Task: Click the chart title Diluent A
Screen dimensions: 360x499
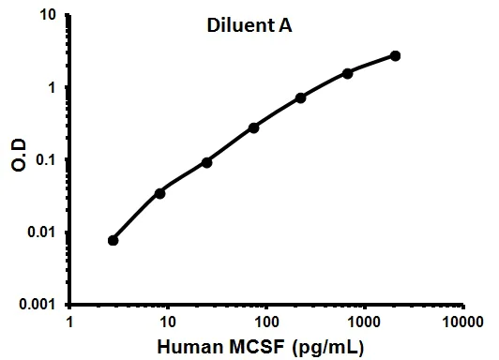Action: pos(249,27)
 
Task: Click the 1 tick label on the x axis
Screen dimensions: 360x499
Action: pos(71,322)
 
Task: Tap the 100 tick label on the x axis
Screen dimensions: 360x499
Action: pos(266,322)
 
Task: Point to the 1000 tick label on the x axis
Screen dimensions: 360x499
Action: pos(364,322)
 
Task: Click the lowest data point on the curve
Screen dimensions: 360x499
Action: pos(113,240)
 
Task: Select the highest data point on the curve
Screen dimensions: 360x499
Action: pos(395,56)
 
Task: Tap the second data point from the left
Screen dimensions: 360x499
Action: pos(160,193)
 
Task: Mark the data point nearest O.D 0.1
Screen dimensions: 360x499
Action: pos(206,162)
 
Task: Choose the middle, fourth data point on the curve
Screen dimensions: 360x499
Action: pos(254,127)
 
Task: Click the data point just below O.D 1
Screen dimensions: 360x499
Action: pos(301,97)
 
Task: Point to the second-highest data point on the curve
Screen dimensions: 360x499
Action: pos(348,73)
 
